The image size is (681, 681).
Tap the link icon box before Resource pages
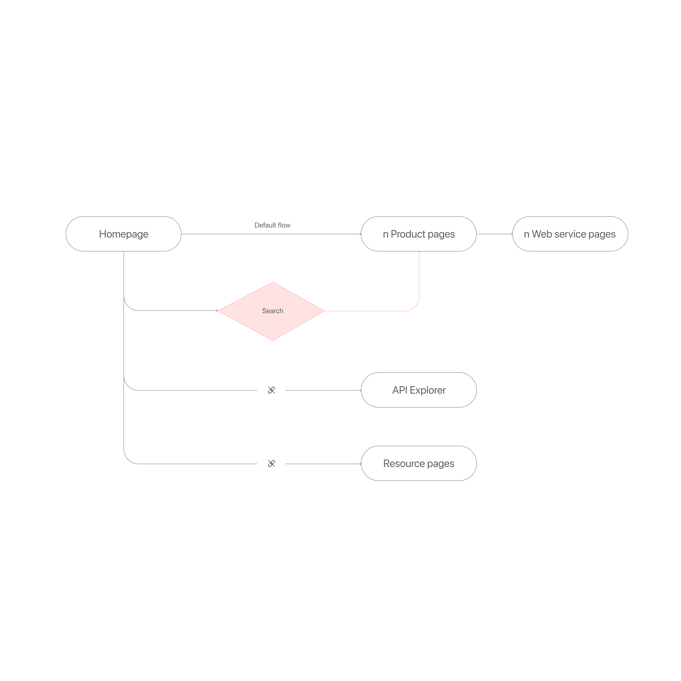[x=271, y=459]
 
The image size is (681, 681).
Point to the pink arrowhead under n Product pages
[x=419, y=252]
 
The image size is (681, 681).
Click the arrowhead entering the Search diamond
[x=217, y=311]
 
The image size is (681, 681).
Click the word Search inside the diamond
[x=272, y=311]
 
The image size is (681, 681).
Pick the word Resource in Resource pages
[x=404, y=463]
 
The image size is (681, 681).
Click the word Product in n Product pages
[x=408, y=234]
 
